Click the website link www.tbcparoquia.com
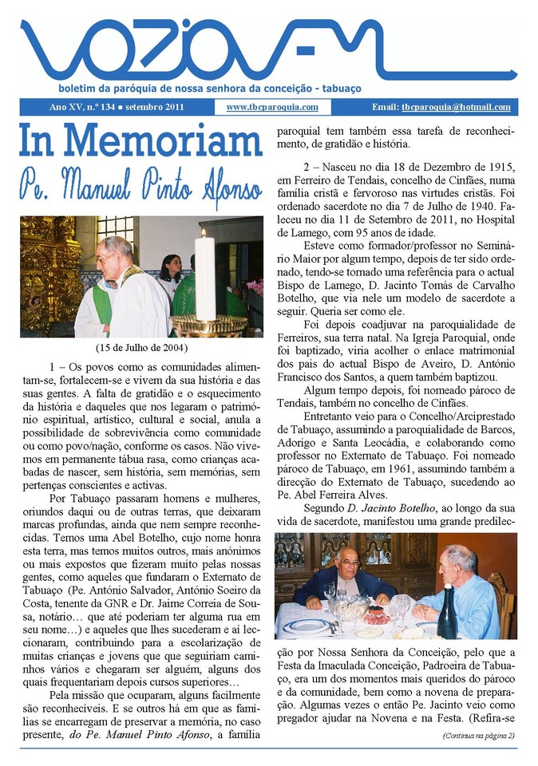coord(272,107)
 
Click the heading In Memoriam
coord(140,141)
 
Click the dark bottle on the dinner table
coord(447,614)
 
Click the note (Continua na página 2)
coord(478,735)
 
